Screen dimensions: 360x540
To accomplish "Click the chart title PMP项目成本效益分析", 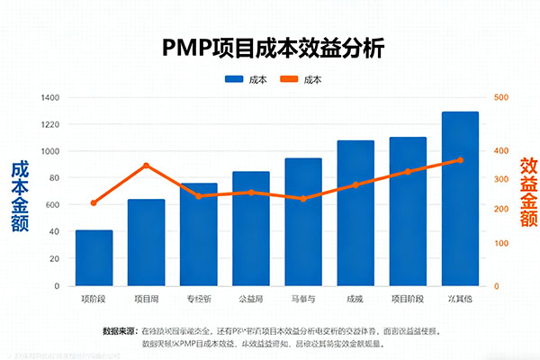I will [x=273, y=48].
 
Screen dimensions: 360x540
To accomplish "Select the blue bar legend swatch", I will [x=237, y=79].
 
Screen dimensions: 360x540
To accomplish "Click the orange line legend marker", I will [x=289, y=79].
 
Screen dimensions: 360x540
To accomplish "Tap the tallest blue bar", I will [x=460, y=199].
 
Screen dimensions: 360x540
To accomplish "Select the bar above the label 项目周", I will [x=146, y=242].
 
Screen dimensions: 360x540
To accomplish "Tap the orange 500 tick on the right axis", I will [x=501, y=97].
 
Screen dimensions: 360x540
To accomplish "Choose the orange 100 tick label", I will [x=501, y=244].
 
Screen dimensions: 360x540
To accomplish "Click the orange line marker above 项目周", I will [x=146, y=166].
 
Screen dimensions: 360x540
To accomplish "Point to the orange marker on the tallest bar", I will [x=460, y=160].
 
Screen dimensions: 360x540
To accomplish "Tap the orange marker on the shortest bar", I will [x=94, y=203].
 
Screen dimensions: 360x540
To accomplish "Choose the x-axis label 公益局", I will [x=250, y=298].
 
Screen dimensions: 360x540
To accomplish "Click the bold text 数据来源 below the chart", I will [x=121, y=330].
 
